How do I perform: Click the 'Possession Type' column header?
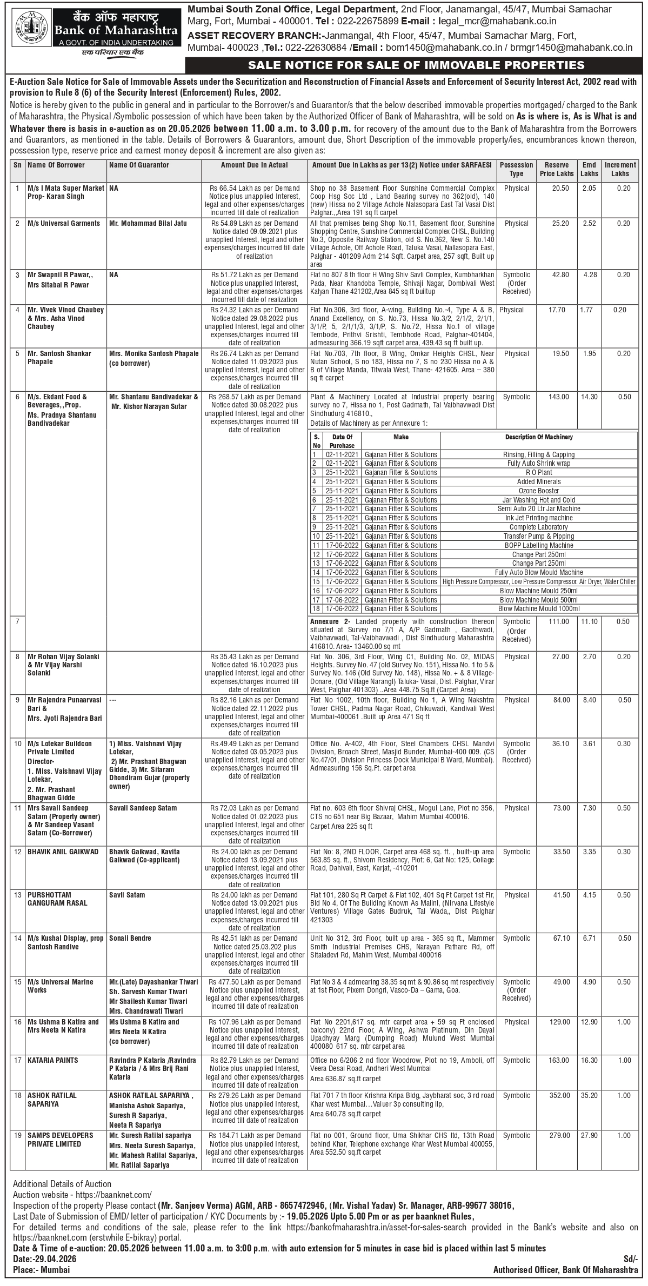coord(516,169)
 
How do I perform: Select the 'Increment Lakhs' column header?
coord(620,169)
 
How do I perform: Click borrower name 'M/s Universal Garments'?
coord(64,223)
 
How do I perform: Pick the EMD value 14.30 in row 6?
coord(589,397)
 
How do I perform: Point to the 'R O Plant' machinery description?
coord(538,472)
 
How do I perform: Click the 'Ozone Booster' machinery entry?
coord(538,491)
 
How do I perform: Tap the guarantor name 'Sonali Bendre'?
coord(130,938)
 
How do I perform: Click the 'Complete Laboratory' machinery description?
coord(538,527)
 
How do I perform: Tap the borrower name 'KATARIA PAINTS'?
coord(53,1060)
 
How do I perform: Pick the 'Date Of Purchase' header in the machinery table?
coord(342,441)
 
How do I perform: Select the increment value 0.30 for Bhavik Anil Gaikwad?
coord(624,852)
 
